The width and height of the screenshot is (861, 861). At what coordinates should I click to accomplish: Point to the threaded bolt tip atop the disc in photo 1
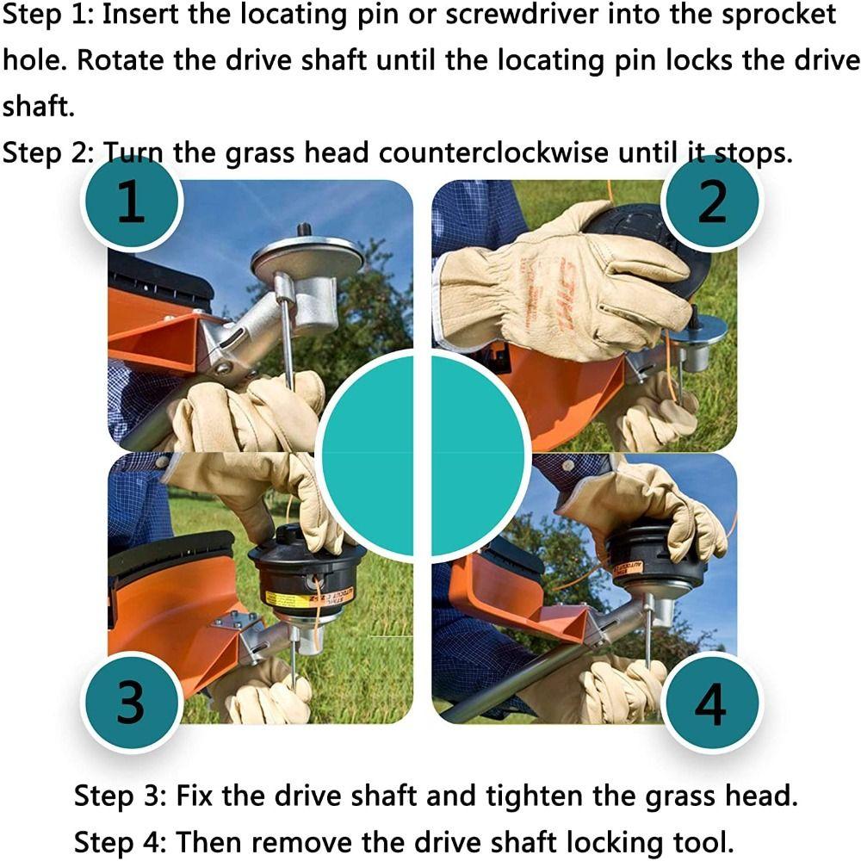click(303, 230)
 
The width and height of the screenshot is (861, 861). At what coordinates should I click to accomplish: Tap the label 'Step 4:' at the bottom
click(121, 842)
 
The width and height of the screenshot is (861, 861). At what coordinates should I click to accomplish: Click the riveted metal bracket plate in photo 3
click(235, 622)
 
